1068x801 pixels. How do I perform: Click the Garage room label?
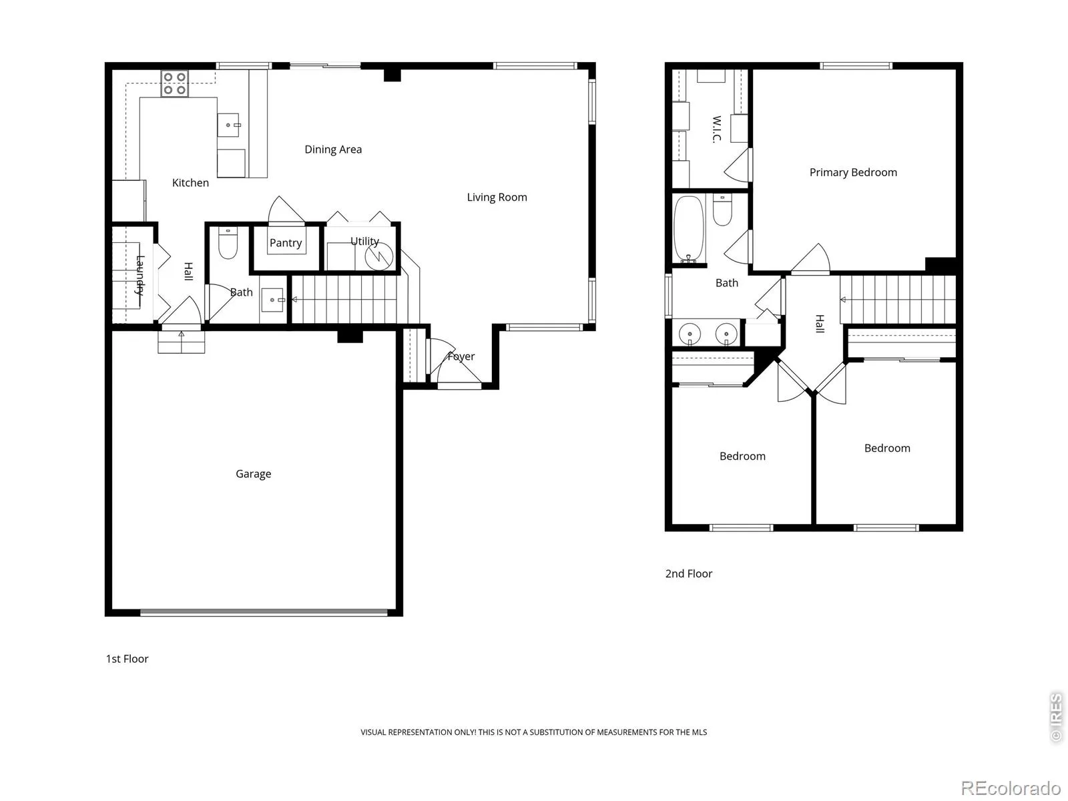pos(253,474)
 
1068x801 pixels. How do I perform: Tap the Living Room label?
pos(497,197)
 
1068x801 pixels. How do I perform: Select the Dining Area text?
pos(333,150)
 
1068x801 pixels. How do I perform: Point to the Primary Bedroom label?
pos(853,172)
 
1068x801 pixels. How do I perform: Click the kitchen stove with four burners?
pos(175,83)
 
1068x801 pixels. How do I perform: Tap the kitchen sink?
pos(228,125)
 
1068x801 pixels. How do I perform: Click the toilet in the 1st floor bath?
pos(228,242)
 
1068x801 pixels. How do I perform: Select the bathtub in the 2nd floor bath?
pos(688,229)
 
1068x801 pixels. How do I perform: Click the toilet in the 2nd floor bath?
pos(722,210)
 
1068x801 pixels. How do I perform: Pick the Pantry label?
pos(286,243)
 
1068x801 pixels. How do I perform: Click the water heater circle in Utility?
pos(379,256)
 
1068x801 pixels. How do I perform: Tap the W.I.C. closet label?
pos(716,129)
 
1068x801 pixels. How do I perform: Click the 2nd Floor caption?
pos(688,573)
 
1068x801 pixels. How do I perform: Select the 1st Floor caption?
pos(127,659)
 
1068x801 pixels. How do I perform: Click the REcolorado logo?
pos(1011,788)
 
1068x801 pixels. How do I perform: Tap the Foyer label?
pos(461,356)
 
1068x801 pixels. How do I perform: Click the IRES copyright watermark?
pos(1056,717)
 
